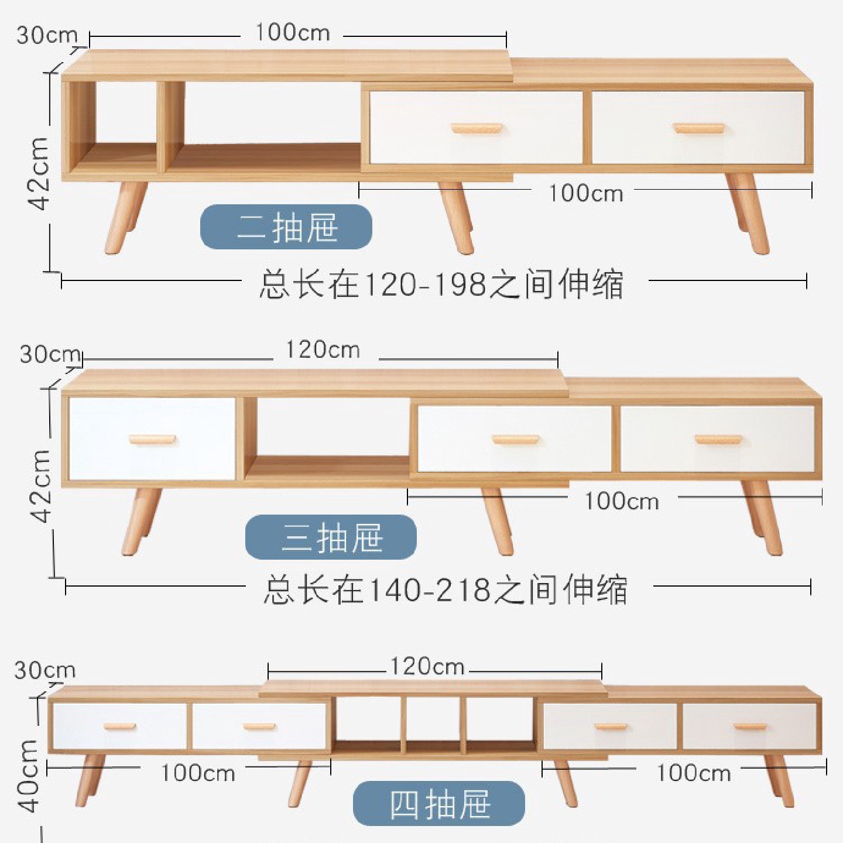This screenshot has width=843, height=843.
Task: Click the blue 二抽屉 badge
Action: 286,227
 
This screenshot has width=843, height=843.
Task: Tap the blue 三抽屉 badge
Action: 331,537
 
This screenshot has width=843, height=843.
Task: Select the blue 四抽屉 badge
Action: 439,803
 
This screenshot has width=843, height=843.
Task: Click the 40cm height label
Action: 28,776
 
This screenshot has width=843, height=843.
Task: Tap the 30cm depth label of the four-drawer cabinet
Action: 45,670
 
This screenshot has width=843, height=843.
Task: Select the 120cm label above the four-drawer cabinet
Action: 427,666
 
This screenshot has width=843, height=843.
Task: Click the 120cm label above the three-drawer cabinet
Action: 323,350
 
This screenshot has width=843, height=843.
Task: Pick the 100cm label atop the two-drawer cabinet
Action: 293,33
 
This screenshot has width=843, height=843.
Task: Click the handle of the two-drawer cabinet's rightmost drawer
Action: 698,128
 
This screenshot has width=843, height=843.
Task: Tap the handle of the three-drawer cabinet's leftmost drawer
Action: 152,439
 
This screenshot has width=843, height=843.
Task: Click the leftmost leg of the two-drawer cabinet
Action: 125,217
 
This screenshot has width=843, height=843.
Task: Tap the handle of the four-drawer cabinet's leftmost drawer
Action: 119,727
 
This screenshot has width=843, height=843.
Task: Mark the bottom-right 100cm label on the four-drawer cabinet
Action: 694,773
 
